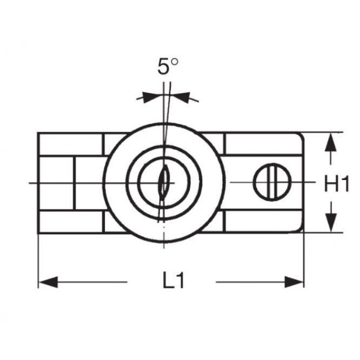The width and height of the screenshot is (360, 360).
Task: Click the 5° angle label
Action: [x=168, y=66]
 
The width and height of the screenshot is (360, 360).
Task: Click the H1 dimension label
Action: [x=336, y=183]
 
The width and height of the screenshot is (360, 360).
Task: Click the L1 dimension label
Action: [x=173, y=280]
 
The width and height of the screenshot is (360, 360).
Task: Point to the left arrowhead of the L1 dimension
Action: [x=48, y=282]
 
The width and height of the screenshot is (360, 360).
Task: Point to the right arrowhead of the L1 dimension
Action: [x=294, y=282]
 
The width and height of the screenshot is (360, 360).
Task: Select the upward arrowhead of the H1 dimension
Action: [x=331, y=142]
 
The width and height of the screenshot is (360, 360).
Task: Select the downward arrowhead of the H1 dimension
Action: [x=331, y=223]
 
